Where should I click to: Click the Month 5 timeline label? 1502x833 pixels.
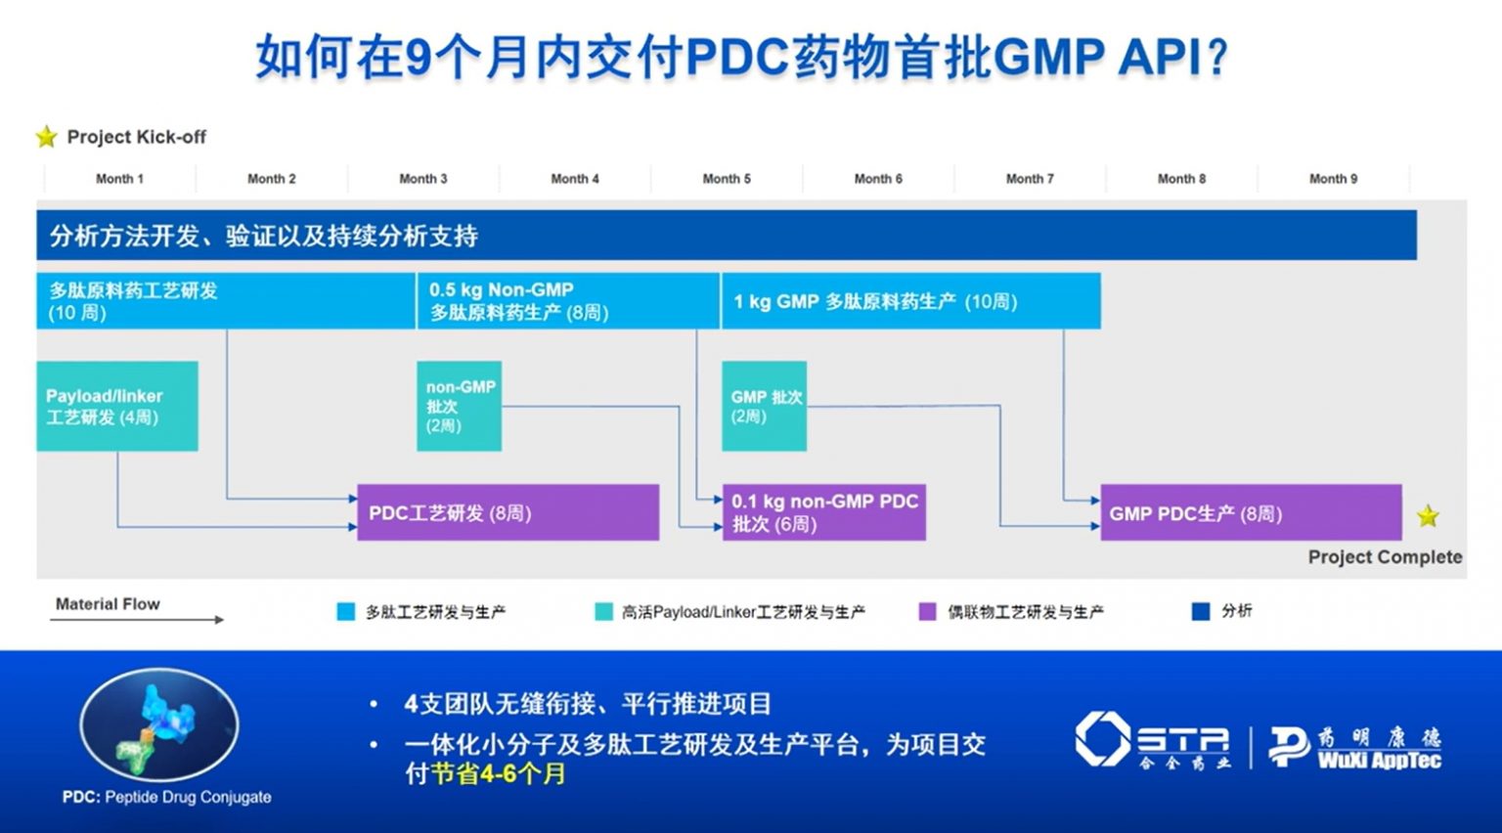pos(727,179)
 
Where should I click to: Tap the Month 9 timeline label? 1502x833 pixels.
pos(1333,179)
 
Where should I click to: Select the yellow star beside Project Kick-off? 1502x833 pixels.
pos(46,137)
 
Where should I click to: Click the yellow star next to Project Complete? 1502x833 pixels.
pos(1428,515)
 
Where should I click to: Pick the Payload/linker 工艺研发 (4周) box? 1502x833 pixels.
pos(117,406)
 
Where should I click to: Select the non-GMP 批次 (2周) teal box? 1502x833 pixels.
pos(459,406)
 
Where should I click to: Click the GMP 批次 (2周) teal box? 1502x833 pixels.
pos(764,406)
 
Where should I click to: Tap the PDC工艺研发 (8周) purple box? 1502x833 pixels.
pos(508,512)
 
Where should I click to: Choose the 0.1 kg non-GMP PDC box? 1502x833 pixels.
pos(823,512)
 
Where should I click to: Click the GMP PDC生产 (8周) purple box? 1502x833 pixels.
pos(1250,512)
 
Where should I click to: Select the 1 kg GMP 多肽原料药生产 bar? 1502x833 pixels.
pos(910,301)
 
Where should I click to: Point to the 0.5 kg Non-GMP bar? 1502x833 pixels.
pos(567,301)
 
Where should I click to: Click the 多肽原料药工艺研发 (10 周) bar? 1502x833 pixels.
pos(225,301)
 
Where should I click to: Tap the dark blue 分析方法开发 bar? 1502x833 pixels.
pos(726,236)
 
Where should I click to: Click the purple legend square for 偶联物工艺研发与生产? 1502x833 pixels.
pos(927,612)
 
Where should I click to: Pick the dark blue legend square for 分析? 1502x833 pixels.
pos(1201,612)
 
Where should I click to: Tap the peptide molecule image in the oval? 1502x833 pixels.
pos(158,723)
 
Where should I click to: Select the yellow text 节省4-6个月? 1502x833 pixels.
pos(499,773)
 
